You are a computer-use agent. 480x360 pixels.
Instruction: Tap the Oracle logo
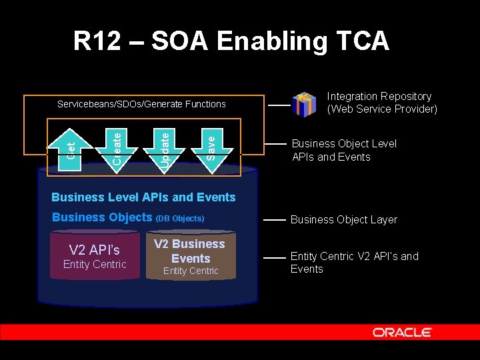(x=402, y=332)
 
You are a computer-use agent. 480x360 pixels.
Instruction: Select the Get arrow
(x=70, y=143)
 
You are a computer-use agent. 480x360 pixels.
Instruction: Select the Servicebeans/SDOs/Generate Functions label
(x=141, y=104)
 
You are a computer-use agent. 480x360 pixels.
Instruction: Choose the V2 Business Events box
(x=191, y=256)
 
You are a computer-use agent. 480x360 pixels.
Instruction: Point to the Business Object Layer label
(x=344, y=219)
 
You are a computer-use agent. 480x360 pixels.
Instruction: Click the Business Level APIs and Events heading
(x=143, y=197)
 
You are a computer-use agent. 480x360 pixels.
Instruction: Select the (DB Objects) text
(x=179, y=218)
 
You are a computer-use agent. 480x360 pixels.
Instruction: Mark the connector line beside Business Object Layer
(x=275, y=219)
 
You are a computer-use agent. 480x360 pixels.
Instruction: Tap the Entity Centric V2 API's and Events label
(x=354, y=263)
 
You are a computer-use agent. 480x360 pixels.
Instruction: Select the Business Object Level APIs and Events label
(x=344, y=150)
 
